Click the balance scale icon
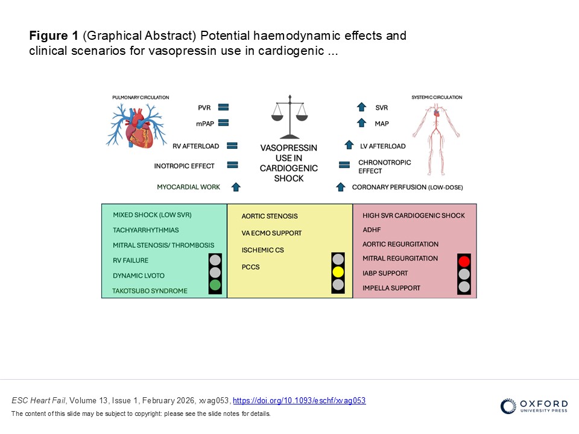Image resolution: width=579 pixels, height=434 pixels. (289, 116)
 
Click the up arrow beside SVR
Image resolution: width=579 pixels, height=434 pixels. (362, 107)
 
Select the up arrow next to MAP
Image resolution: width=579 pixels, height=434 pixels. (362, 123)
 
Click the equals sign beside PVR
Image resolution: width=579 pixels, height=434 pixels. (223, 107)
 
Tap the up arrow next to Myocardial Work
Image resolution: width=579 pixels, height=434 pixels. (236, 187)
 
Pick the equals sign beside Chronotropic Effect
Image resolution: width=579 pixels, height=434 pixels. (344, 165)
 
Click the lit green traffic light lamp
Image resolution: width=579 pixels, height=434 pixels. (215, 285)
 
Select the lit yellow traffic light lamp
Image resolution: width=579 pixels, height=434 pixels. (338, 271)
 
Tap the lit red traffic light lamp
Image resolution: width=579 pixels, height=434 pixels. (464, 261)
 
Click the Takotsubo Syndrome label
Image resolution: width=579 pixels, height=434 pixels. (150, 291)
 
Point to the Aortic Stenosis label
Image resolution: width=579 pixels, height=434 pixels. (270, 216)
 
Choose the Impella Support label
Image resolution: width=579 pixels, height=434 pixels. (391, 288)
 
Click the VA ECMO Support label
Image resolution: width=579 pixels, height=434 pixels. (271, 233)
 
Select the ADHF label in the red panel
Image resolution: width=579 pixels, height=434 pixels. (371, 230)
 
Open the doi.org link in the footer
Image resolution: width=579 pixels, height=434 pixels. (299, 401)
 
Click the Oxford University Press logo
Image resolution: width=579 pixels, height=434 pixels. (534, 406)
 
